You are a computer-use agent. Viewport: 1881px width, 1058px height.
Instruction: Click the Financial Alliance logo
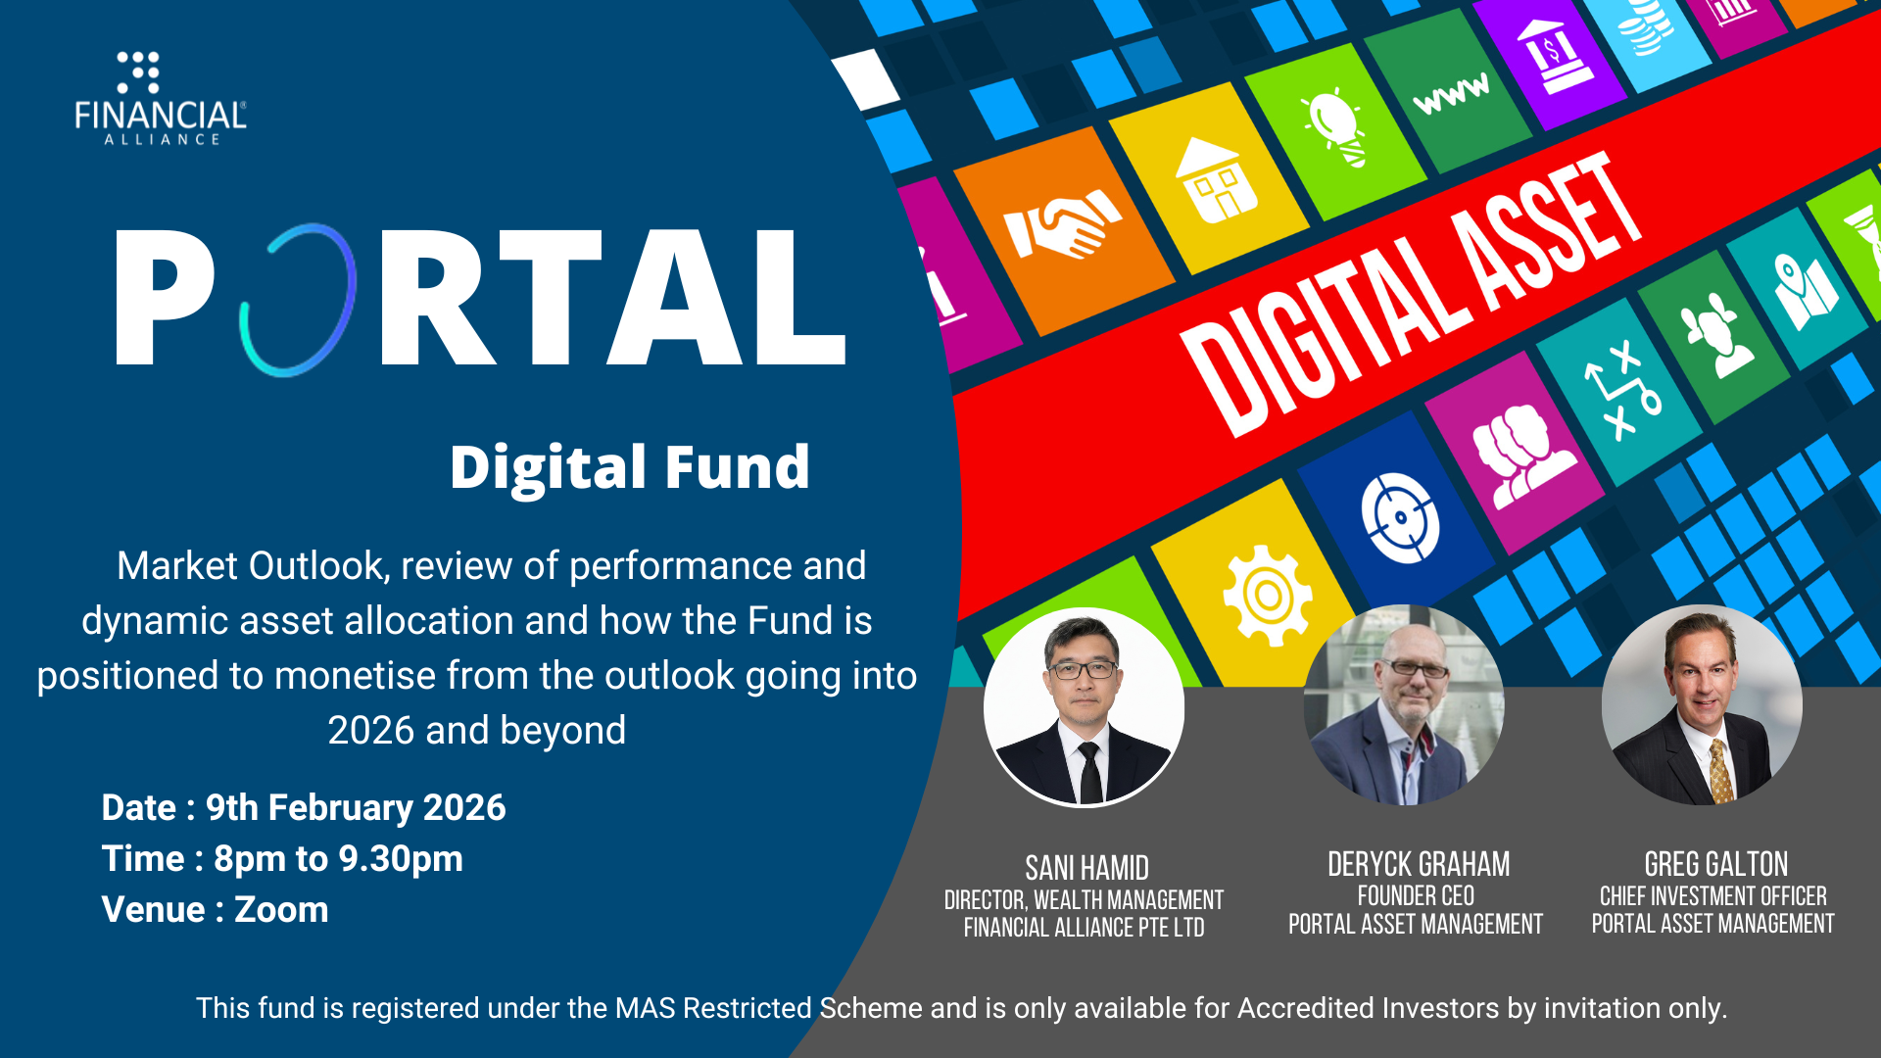161,98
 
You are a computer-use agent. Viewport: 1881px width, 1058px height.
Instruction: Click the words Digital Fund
630,467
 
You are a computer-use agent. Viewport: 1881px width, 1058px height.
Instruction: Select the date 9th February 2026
356,808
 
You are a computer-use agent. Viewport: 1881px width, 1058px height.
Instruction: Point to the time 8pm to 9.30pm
338,859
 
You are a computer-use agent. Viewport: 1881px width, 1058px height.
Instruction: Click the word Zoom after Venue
281,910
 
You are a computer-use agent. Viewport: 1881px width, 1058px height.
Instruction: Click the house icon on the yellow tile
1218,179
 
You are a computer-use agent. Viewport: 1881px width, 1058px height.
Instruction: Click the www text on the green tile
1452,92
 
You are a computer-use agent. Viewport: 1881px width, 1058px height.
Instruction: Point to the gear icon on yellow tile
1268,596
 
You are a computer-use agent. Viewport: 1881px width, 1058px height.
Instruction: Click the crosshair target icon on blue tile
1401,517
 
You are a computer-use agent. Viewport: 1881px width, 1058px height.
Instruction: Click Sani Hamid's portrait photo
1084,706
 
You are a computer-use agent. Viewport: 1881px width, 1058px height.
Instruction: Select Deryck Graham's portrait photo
1404,705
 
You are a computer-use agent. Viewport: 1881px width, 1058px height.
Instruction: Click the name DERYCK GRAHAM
1419,864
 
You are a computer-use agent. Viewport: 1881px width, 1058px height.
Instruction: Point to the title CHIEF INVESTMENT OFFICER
1712,896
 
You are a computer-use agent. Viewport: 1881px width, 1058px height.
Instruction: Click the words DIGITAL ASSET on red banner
1411,294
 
